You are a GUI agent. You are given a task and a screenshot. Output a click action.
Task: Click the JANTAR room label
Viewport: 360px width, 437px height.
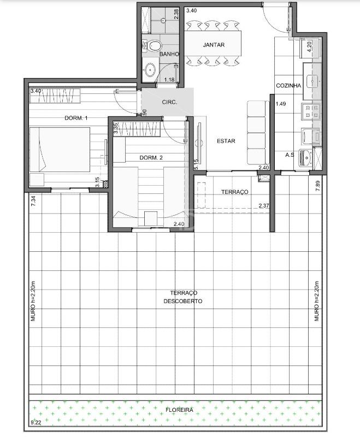click(x=213, y=45)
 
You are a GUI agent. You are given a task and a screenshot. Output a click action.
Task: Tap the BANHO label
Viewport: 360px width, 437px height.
click(x=169, y=55)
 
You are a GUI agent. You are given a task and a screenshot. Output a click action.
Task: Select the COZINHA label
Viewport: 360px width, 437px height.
click(x=288, y=86)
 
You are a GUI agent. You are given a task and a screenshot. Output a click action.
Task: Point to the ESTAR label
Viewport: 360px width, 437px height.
click(x=226, y=141)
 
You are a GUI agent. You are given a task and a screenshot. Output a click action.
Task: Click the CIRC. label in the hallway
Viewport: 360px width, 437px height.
click(x=169, y=103)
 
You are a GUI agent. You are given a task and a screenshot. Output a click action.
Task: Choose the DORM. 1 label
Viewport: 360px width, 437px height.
click(x=76, y=118)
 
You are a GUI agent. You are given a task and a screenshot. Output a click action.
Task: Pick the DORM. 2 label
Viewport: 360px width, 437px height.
click(x=151, y=158)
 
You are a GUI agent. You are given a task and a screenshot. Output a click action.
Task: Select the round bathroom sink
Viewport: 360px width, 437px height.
click(x=150, y=69)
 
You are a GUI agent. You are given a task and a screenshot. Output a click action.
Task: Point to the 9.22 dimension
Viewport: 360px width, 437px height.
click(x=36, y=422)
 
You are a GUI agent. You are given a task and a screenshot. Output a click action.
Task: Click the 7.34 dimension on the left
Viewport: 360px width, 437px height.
click(x=33, y=200)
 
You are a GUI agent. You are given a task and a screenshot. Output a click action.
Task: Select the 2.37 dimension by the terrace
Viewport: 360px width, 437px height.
click(x=264, y=206)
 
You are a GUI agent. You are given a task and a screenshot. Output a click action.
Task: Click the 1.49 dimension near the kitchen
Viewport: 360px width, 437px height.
click(x=281, y=104)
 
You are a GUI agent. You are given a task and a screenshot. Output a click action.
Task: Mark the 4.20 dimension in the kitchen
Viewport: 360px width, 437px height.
click(x=309, y=46)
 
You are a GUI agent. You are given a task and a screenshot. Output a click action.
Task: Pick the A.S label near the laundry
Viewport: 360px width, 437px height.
click(x=290, y=155)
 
